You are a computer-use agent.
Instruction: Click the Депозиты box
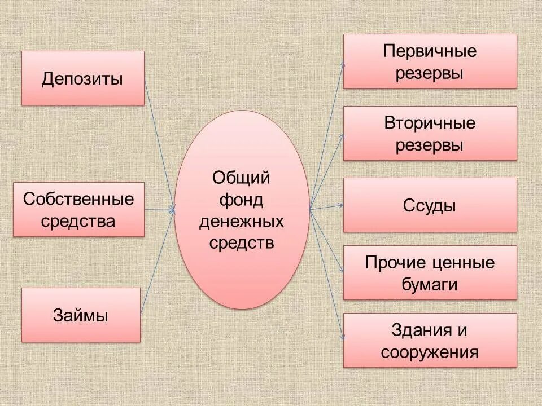tap(82, 78)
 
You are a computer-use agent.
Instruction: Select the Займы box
tap(81, 315)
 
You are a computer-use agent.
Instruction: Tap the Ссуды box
tap(430, 205)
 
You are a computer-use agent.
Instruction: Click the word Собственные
tap(79, 199)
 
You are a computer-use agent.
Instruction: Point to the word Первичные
tap(430, 51)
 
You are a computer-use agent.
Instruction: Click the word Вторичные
tap(430, 123)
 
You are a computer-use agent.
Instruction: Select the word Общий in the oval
tap(241, 178)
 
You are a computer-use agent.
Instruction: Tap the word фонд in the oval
tap(241, 200)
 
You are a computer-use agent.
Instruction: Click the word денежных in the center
tap(241, 222)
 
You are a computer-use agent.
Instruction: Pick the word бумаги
tap(430, 284)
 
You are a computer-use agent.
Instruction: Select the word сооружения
tap(430, 353)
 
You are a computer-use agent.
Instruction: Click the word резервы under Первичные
tap(430, 73)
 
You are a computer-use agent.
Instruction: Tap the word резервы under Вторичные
tap(430, 145)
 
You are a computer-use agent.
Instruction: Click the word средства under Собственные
tap(79, 220)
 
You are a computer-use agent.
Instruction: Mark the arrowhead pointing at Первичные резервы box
tap(342, 64)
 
